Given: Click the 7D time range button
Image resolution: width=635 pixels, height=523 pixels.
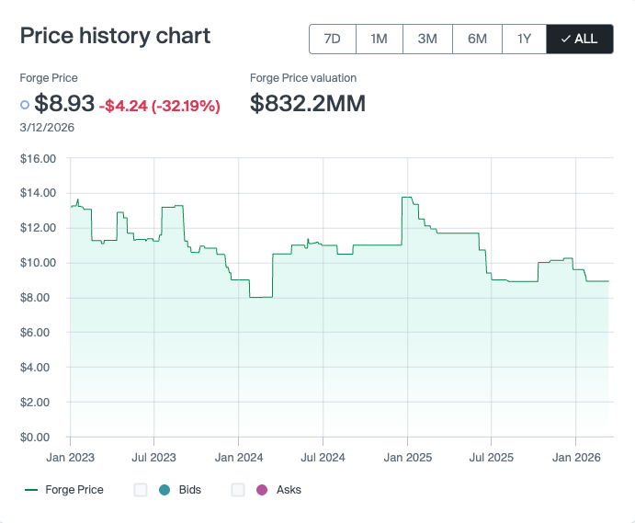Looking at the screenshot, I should [333, 39].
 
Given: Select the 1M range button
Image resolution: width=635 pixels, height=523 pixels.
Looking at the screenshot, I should [379, 39].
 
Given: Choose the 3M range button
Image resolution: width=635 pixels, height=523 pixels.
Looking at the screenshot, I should [427, 39].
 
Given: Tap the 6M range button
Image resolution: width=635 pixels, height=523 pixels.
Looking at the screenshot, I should [477, 39].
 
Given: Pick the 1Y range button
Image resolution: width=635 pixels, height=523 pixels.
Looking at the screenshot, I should [524, 39].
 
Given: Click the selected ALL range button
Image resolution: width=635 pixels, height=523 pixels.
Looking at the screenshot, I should [579, 39].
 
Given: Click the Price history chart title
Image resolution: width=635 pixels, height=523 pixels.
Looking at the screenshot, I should [115, 36].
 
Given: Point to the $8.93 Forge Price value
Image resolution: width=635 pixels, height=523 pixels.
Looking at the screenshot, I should [64, 104].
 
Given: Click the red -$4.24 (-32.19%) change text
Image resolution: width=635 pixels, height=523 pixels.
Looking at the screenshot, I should [160, 106].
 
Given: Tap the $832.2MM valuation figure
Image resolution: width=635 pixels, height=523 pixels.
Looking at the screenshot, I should [308, 104].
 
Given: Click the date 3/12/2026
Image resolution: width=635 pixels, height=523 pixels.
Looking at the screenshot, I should [47, 127].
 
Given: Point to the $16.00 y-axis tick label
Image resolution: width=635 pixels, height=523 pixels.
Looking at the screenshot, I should [39, 158].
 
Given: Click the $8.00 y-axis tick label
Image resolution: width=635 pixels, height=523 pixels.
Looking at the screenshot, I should [39, 298].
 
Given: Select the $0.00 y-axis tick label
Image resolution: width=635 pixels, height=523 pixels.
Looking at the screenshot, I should [39, 437].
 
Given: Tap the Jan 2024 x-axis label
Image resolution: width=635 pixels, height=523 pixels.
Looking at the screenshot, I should [238, 457].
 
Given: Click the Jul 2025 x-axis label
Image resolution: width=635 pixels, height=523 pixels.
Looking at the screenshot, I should [491, 457].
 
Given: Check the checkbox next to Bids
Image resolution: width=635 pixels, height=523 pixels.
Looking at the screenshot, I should [141, 490].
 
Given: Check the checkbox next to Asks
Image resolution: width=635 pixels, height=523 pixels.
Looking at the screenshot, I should [238, 490].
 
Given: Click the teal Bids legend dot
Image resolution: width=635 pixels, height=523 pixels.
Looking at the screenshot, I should [164, 490].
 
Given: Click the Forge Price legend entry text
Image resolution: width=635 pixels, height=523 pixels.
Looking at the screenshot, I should [74, 490].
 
